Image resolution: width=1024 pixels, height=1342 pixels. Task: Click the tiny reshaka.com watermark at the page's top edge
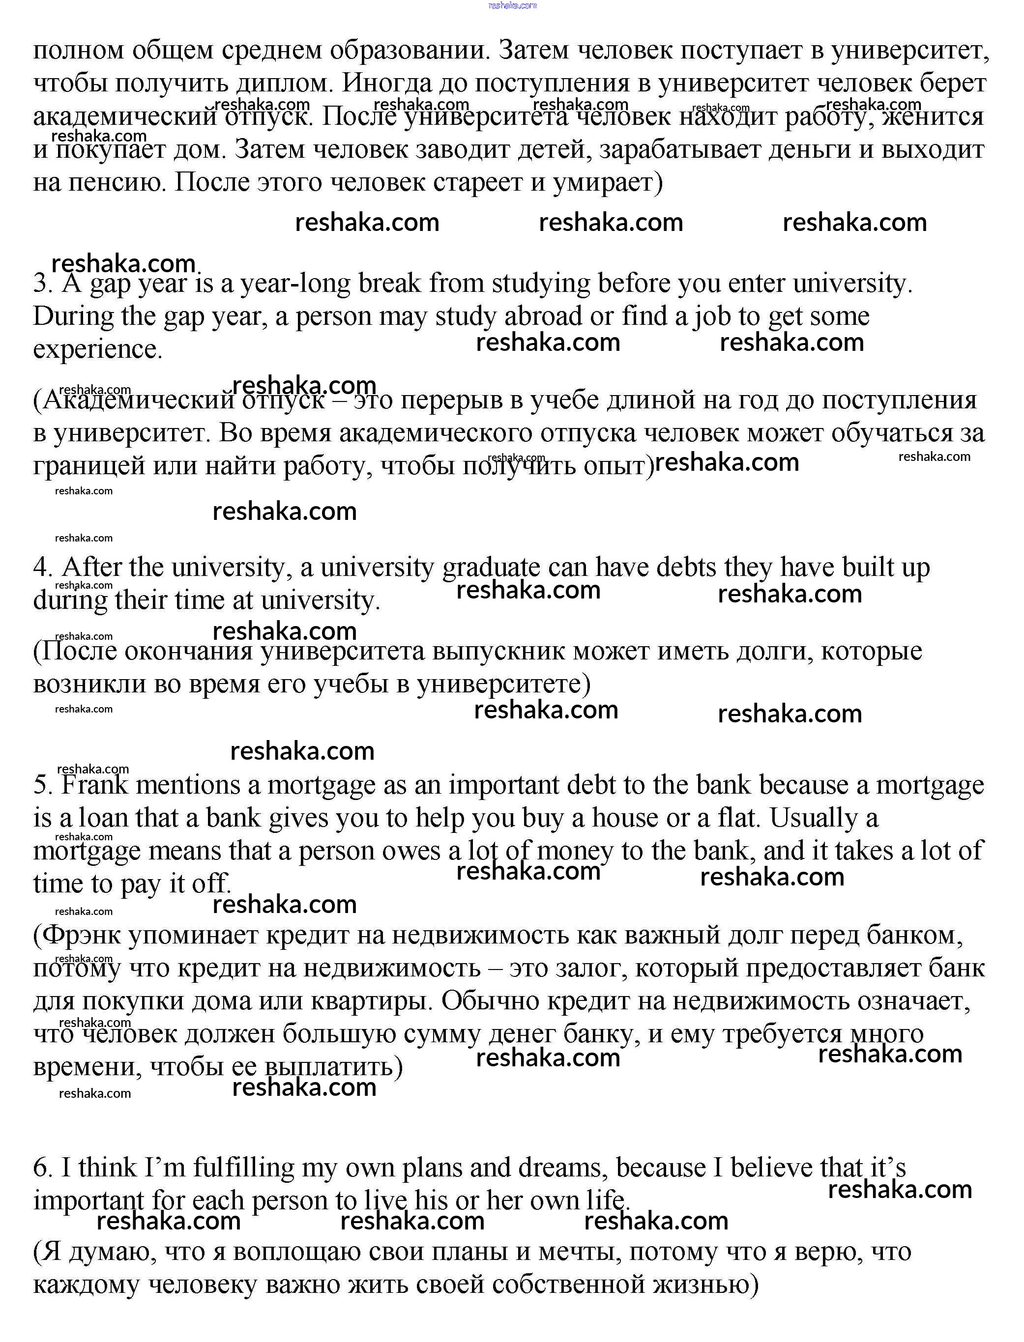(512, 5)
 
